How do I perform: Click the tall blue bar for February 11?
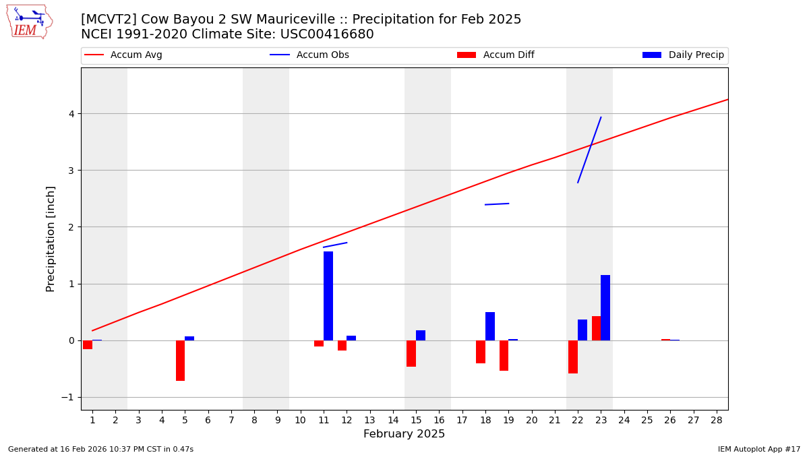point(328,296)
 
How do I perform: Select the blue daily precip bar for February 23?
point(605,307)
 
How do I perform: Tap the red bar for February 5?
point(180,361)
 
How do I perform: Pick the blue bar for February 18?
point(490,326)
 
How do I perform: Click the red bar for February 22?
point(573,357)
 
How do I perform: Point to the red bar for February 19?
point(504,355)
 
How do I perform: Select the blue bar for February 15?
point(421,335)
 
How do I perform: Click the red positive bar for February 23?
point(596,328)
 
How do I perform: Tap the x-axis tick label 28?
point(717,421)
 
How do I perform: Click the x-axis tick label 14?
point(393,421)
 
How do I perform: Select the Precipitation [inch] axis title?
point(51,239)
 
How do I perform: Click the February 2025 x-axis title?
point(404,434)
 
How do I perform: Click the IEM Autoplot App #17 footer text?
point(759,449)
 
